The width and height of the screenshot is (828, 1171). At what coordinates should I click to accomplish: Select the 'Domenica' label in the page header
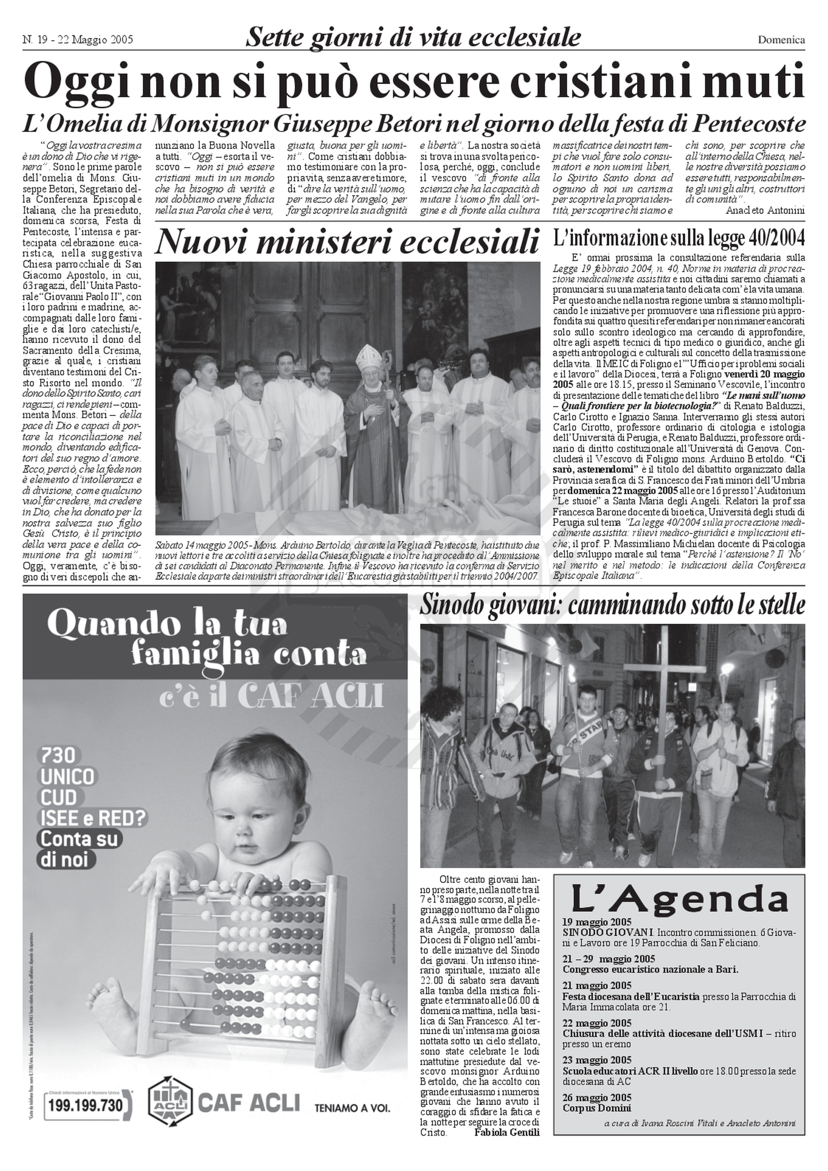(781, 39)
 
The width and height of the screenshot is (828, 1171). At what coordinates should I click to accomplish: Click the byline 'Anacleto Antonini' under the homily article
(766, 210)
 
